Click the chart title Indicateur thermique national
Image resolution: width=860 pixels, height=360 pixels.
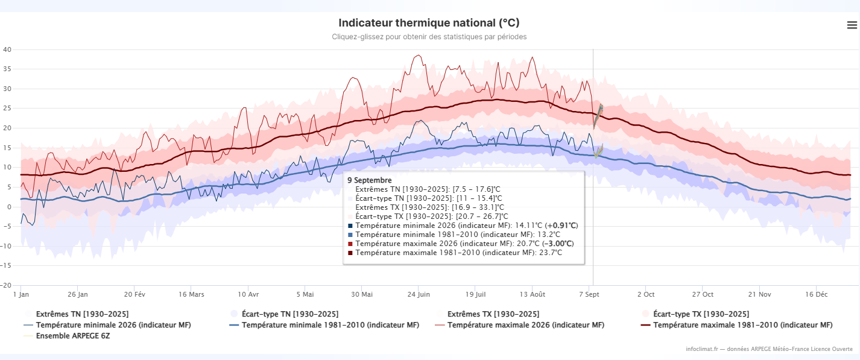[x=429, y=23]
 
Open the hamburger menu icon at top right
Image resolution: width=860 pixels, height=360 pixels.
[x=852, y=25]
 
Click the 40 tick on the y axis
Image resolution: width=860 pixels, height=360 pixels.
[x=7, y=49]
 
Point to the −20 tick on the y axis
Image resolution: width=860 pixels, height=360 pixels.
[x=6, y=285]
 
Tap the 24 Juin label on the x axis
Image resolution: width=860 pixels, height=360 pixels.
[x=419, y=294]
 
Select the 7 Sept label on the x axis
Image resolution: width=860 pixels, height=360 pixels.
[x=589, y=294]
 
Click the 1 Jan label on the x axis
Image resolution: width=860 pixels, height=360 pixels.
[x=21, y=294]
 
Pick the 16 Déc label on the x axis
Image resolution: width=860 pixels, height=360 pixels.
[x=816, y=294]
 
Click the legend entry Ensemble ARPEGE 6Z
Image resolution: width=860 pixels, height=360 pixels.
[x=72, y=336]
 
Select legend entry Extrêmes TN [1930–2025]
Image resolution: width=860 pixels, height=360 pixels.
[x=82, y=314]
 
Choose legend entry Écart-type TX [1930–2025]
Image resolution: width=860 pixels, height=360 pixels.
[x=701, y=314]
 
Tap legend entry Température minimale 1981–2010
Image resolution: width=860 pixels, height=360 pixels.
[x=330, y=325]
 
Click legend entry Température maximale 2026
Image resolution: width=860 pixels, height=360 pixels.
[x=526, y=325]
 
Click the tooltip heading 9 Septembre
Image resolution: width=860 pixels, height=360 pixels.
[x=370, y=180]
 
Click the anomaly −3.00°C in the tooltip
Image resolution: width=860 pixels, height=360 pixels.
[x=558, y=244]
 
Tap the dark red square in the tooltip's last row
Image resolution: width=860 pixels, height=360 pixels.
[x=350, y=253]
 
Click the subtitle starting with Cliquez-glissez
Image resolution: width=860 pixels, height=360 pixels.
[x=429, y=37]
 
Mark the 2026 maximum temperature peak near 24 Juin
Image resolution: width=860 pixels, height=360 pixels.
[x=419, y=55]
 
